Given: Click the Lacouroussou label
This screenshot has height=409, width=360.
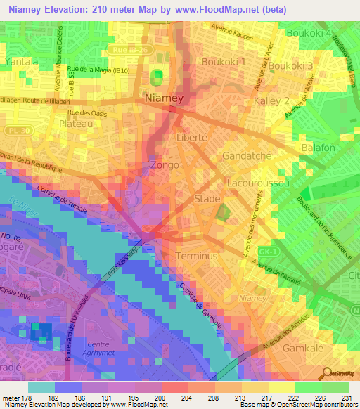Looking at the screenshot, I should pos(259,182).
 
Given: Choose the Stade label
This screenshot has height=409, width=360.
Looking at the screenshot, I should pos(207,200).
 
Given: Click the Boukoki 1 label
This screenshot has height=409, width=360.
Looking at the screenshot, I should pos(224,62).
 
